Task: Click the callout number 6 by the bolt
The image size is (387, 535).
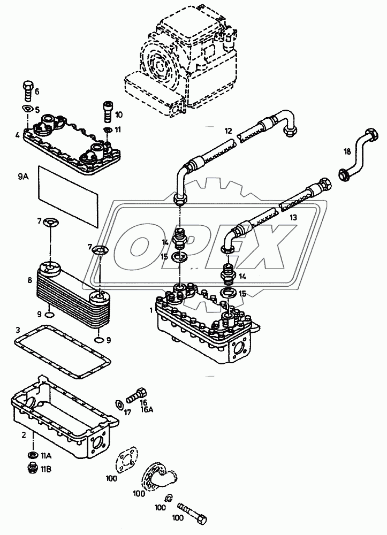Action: click(x=37, y=91)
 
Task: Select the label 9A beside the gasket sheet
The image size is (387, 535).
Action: click(x=22, y=175)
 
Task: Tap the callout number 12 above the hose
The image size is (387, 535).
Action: click(x=227, y=131)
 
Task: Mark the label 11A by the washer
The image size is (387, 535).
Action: click(x=47, y=456)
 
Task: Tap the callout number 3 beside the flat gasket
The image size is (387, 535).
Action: click(x=18, y=330)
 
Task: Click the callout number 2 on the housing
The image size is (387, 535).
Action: click(x=23, y=435)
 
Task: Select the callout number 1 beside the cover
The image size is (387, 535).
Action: click(x=151, y=309)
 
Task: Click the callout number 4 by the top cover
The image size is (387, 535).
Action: click(x=18, y=135)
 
